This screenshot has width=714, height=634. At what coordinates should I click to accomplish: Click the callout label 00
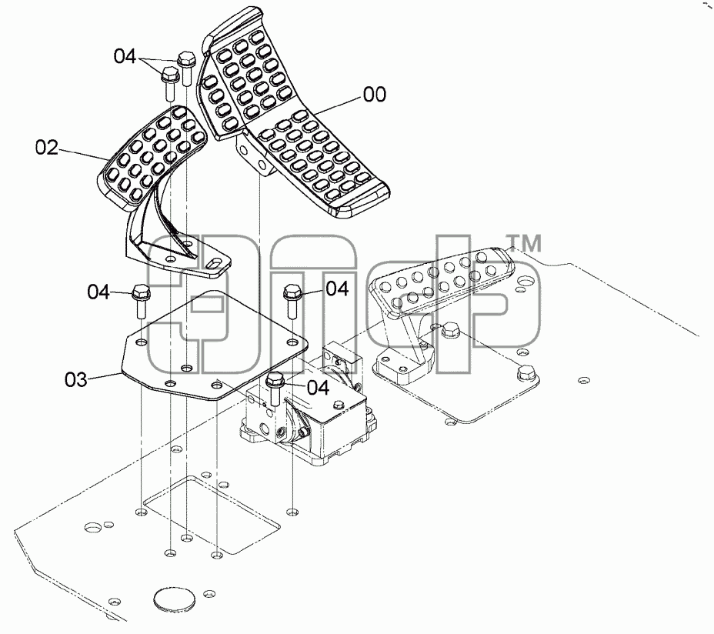(x=375, y=95)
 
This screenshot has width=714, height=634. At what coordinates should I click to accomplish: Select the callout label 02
(x=47, y=148)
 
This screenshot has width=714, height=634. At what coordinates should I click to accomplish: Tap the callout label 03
(x=75, y=379)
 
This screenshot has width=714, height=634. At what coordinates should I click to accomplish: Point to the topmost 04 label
(x=125, y=56)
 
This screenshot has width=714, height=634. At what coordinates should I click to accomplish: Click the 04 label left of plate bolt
(x=98, y=292)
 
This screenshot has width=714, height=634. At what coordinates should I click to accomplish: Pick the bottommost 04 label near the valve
(x=319, y=388)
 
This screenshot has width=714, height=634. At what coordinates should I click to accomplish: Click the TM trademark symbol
(x=524, y=243)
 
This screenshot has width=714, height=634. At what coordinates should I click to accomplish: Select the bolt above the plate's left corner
(x=140, y=301)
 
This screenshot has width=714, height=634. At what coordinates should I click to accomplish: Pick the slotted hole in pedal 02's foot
(x=214, y=263)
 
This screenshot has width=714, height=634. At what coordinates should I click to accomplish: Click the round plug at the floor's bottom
(x=175, y=601)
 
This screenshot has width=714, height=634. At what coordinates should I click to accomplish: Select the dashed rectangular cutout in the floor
(x=212, y=516)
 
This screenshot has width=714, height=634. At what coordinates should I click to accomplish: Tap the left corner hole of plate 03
(x=141, y=342)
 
